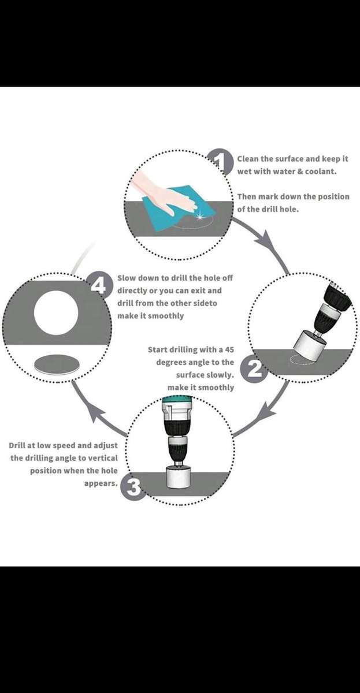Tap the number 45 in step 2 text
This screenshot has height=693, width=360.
[x=229, y=349]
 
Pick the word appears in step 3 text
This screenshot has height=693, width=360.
[x=101, y=483]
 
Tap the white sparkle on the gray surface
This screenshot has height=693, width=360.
[x=201, y=216]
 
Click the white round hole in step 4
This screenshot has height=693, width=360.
[x=56, y=313]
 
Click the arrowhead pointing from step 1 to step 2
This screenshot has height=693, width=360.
[x=267, y=242]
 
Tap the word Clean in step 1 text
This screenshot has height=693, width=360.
[x=248, y=159]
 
